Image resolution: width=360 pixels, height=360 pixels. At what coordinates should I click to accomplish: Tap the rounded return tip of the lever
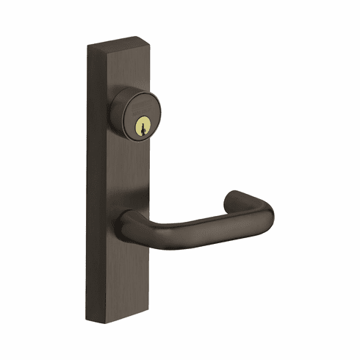point(234,196)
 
